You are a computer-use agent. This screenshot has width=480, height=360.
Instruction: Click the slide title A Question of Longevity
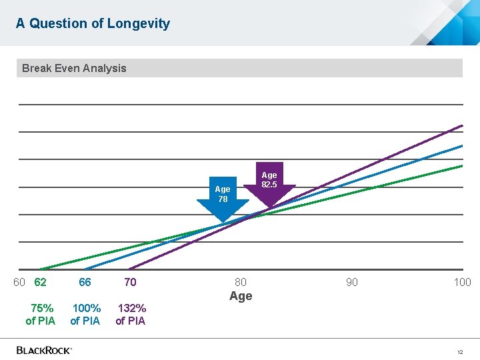[x=93, y=23]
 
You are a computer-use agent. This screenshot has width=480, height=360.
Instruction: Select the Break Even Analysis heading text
[x=74, y=68]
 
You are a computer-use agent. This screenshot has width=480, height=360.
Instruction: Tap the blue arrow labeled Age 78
[x=223, y=200]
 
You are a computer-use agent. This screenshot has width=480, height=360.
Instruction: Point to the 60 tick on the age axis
[x=19, y=282]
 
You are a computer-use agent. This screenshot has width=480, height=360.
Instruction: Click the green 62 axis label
[x=40, y=282]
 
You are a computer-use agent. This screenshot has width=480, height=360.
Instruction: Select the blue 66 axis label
[x=85, y=282]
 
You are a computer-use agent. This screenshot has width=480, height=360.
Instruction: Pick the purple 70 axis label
[x=130, y=282]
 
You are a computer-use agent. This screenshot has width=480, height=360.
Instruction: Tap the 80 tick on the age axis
[x=241, y=282]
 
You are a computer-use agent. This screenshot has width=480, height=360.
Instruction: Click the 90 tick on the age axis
[x=351, y=282]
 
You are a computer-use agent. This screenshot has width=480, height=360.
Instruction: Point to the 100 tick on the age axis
[x=462, y=282]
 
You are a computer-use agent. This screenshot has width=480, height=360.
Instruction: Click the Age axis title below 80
[x=241, y=296]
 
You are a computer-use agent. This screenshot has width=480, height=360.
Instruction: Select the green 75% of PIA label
[x=41, y=315]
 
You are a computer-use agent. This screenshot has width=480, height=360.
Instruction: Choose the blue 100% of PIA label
[x=85, y=315]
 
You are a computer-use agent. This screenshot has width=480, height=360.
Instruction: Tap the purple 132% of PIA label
[x=131, y=315]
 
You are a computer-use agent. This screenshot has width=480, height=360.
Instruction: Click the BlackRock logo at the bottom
[x=44, y=350]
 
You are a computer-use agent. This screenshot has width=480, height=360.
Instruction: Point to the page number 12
[x=459, y=351]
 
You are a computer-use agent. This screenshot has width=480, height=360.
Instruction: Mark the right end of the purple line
[x=461, y=125]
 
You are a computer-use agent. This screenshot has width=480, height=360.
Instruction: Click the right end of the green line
[x=461, y=165]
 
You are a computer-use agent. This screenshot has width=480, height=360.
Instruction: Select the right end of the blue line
[x=461, y=145]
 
